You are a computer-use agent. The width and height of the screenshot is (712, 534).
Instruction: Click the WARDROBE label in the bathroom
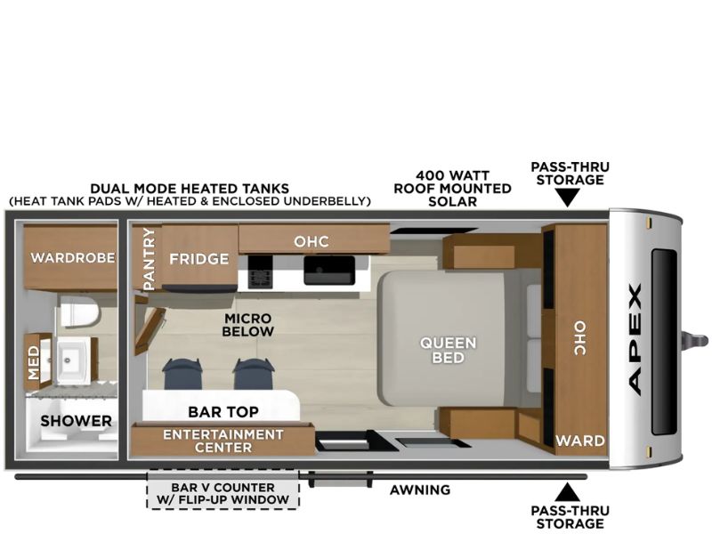point(73,258)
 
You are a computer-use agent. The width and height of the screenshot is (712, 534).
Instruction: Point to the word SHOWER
point(76,421)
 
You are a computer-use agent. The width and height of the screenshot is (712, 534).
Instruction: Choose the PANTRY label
point(149,259)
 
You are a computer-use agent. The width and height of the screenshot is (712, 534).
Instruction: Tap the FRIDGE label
point(198,259)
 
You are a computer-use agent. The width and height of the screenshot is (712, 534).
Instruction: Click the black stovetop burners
point(260,272)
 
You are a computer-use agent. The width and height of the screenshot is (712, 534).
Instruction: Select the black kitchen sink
point(329,271)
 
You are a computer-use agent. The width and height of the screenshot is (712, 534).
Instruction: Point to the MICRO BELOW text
point(248,325)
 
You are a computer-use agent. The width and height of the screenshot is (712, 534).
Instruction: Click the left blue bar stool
point(182,374)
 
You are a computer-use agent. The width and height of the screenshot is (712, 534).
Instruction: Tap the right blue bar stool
point(254,374)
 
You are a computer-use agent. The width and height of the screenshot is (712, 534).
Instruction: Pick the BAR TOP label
point(223,412)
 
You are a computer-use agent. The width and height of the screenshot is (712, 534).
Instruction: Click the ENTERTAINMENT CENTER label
point(223,441)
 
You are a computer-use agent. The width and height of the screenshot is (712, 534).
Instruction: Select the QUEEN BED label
point(449,350)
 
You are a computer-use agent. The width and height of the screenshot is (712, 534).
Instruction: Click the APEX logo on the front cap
point(635,339)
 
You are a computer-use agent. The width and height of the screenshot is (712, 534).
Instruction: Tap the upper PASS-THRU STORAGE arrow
point(568,198)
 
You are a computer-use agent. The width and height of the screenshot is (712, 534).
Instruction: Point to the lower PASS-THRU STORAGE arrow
point(568,492)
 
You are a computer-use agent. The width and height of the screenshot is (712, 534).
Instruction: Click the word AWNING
point(420,490)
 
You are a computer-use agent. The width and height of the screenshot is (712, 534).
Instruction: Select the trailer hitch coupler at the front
point(695,340)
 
